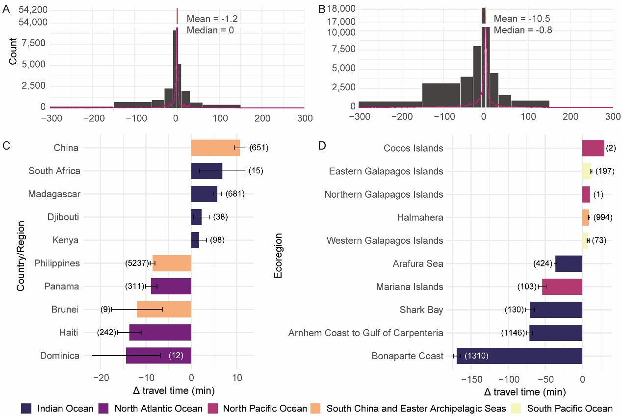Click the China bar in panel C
coord(215,148)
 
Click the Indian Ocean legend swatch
coord(26,408)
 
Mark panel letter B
coord(322,9)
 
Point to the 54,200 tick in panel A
coord(34,9)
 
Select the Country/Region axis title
coord(21,252)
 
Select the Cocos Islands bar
coord(593,148)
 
